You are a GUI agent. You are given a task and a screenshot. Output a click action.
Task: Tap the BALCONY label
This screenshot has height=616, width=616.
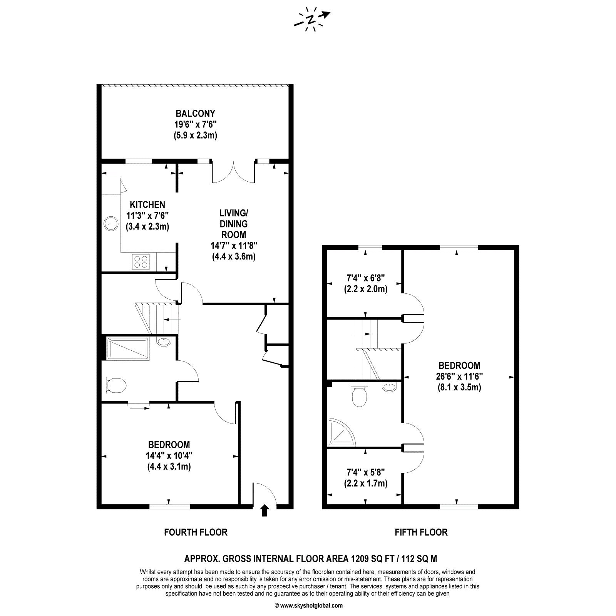click(x=196, y=114)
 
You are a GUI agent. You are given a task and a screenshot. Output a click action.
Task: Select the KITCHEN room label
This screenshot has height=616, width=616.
click(x=147, y=205)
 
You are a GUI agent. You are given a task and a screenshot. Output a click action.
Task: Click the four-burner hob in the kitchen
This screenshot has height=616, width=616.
click(x=141, y=261)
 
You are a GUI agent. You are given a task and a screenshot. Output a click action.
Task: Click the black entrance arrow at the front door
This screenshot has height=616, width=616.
click(x=264, y=511)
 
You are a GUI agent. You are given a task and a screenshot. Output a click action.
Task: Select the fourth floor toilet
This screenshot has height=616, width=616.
click(x=115, y=385)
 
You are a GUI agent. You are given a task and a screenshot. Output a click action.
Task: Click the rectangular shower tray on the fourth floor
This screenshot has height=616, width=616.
click(x=128, y=348)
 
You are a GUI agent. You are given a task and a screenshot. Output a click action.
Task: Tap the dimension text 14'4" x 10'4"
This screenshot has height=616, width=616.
click(x=169, y=455)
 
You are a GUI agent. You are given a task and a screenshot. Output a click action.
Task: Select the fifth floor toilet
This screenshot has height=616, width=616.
click(x=359, y=395)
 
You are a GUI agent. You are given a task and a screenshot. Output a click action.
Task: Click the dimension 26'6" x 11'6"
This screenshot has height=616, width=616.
click(x=460, y=376)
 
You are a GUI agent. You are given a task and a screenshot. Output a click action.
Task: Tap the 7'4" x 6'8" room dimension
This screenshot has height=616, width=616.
click(x=366, y=277)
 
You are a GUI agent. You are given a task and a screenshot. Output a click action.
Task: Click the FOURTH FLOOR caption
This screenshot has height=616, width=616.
click(x=196, y=532)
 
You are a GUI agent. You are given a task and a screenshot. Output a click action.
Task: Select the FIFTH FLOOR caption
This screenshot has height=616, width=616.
click(x=421, y=532)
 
